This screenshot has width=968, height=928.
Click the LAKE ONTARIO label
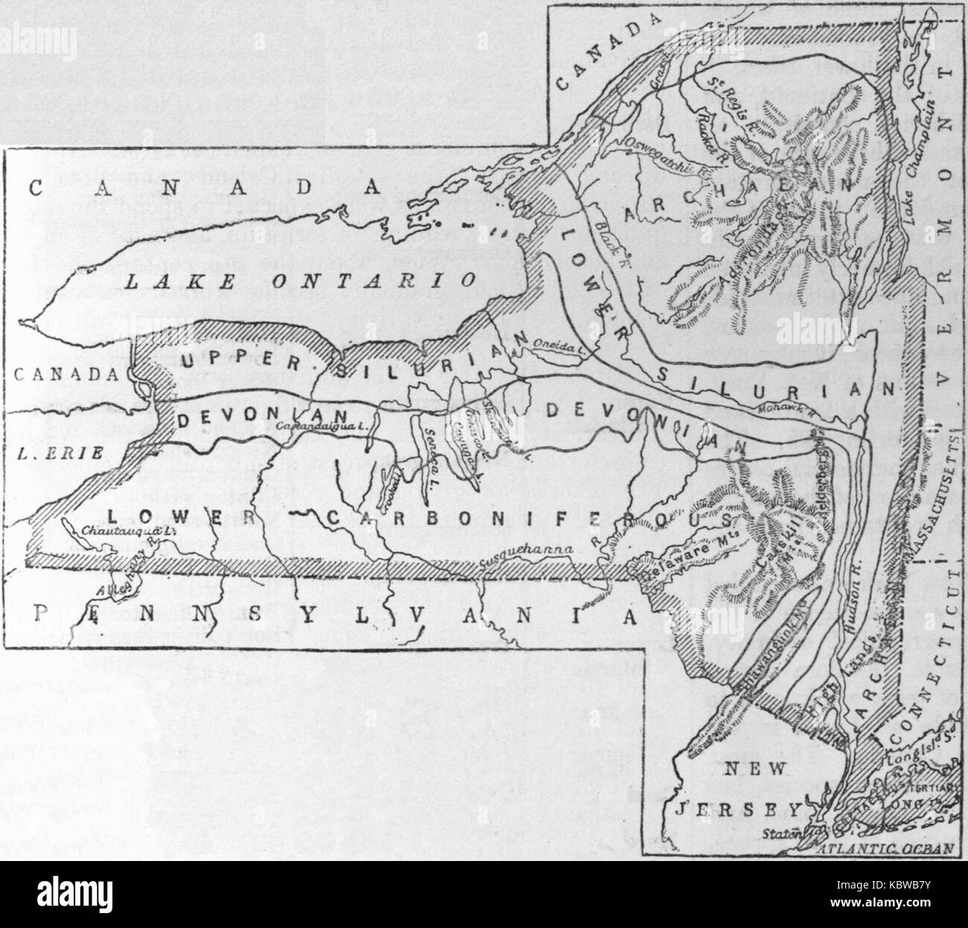point(301,282)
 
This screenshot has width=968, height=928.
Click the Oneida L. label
point(555,343)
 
